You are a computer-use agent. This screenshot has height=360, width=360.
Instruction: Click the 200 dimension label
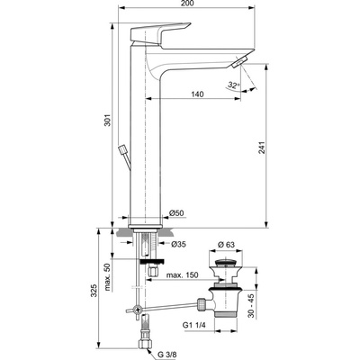click(188, 4)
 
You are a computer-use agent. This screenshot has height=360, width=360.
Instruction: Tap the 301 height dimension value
click(108, 120)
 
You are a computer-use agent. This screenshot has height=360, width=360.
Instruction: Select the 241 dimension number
click(262, 148)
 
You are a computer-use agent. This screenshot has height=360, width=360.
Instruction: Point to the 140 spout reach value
click(197, 94)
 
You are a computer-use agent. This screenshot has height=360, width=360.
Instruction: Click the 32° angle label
click(233, 85)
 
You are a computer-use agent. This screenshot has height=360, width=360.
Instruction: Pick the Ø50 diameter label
click(176, 213)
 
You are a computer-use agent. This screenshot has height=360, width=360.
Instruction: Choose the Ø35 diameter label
click(178, 245)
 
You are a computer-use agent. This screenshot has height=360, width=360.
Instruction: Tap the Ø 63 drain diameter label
click(227, 245)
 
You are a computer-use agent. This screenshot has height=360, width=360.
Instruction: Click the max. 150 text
click(183, 275)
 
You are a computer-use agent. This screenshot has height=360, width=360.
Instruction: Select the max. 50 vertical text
click(108, 277)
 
